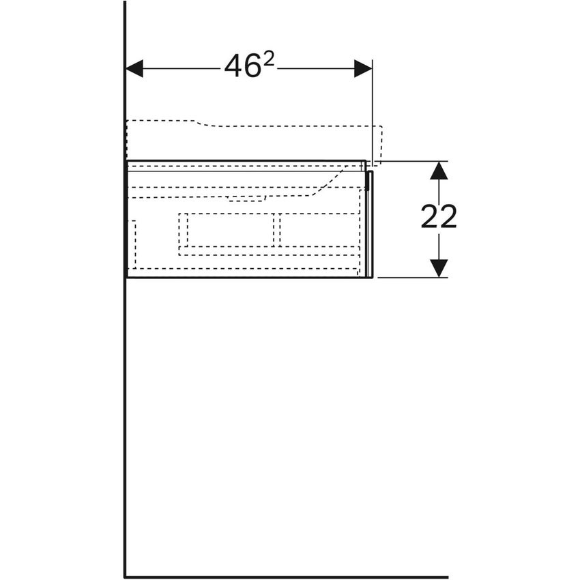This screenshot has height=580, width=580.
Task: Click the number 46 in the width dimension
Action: coord(242,67)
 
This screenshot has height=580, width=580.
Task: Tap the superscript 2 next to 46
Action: coord(269,59)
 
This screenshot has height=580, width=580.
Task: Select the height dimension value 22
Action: coord(439,217)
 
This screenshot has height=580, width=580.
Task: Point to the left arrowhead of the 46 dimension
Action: coord(134,68)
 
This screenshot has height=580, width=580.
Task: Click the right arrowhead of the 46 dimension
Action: coord(363,68)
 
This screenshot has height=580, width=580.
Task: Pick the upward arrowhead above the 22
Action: coord(439,171)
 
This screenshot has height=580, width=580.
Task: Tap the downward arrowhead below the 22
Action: coord(439,268)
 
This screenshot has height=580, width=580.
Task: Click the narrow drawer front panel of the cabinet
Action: coord(369,224)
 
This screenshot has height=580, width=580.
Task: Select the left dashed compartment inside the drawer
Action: coord(227,230)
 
